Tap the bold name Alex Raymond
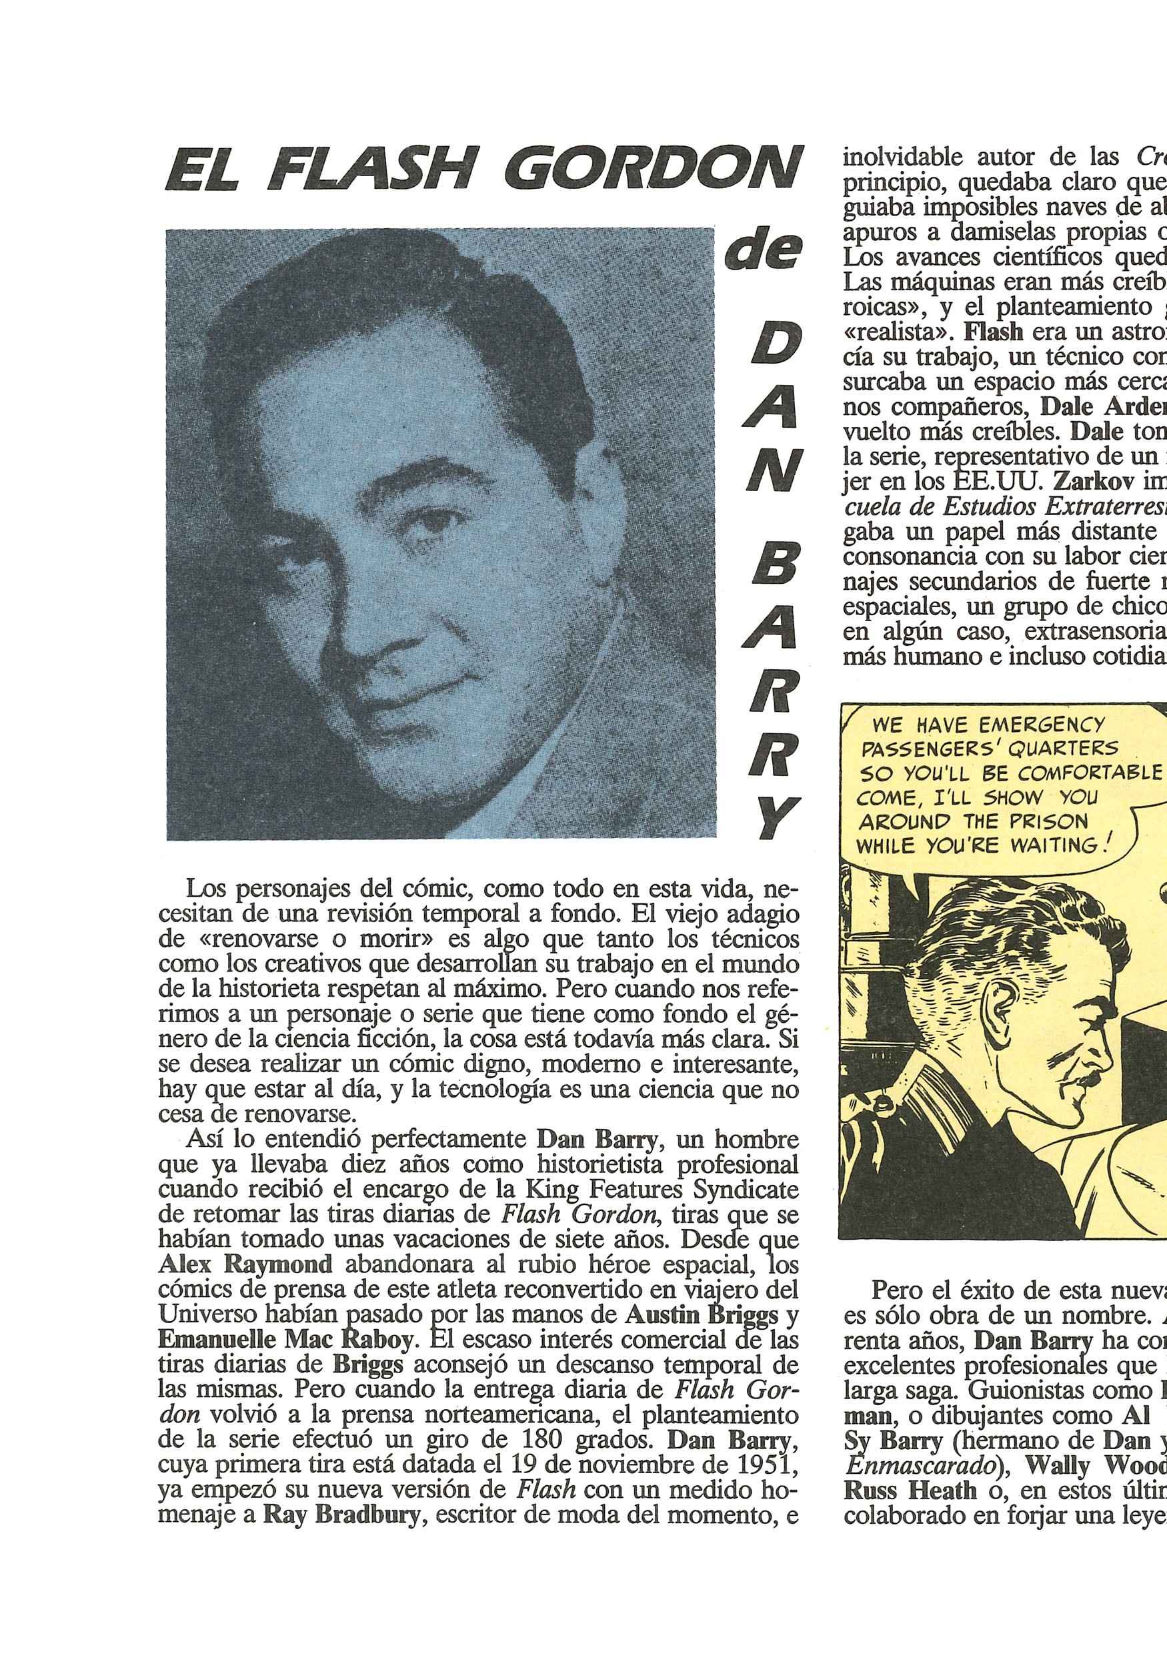pyautogui.click(x=245, y=1264)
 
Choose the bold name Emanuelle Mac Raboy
pyautogui.click(x=285, y=1339)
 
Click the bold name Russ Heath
pyautogui.click(x=910, y=1491)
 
